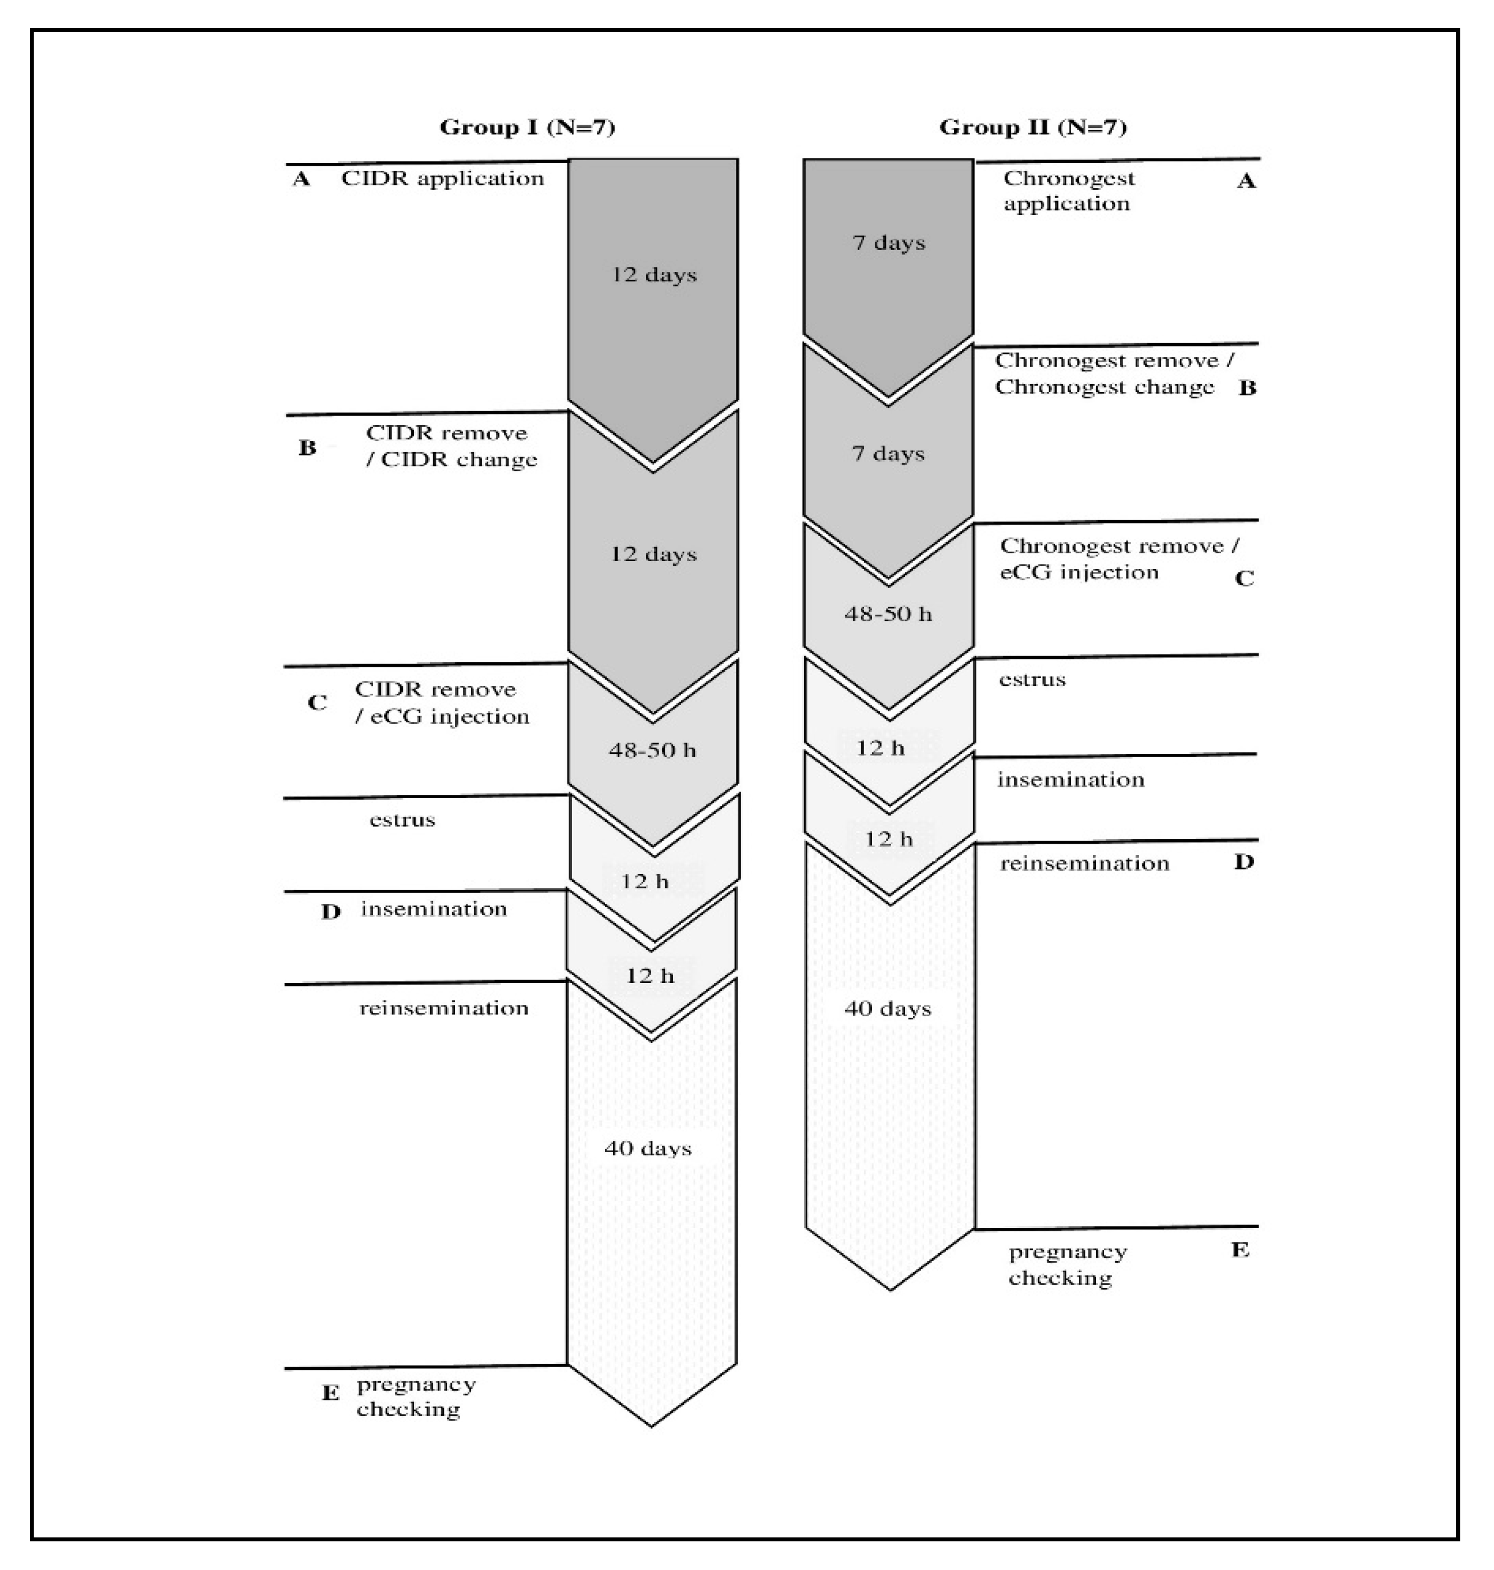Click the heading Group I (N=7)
point(527,128)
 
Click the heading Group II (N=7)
point(1033,128)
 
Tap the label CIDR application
point(443,178)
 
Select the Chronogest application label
point(1068,191)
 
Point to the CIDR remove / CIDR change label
point(451,447)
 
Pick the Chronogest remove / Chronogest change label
point(1113,374)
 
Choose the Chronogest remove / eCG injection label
point(1119,559)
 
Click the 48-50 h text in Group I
point(652,750)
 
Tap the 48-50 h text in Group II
point(888,614)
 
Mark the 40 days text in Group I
point(647,1148)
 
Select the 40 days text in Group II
point(887,1009)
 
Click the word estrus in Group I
point(402,820)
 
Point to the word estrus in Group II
point(1032,680)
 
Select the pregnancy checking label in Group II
point(1067,1264)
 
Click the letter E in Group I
point(330,1393)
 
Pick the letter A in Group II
point(1246,181)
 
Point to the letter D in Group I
point(330,912)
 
